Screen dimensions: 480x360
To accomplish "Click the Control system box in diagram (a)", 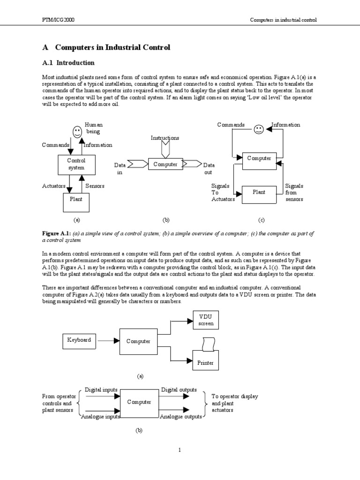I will pos(75,164).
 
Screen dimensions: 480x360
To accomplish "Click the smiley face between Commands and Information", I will pos(258,130).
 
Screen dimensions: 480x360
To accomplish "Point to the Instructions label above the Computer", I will pos(165,138).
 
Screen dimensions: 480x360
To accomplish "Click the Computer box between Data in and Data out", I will pos(165,164).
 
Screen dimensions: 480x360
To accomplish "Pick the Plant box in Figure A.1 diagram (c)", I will pos(259,192).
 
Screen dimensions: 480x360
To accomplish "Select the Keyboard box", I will pos(79,340).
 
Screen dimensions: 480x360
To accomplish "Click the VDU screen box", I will pos(206,320).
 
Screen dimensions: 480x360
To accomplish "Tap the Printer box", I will pos(205,362).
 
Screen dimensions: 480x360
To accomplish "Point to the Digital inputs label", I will pos(101,390).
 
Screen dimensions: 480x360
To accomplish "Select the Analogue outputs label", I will pos(181,416).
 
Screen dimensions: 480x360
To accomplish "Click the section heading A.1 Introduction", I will pos(68,63).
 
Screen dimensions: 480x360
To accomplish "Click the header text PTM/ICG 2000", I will pos(58,20).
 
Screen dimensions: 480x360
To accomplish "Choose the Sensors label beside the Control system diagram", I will pos(95,186).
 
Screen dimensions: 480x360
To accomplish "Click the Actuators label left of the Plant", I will pos(53,186).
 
